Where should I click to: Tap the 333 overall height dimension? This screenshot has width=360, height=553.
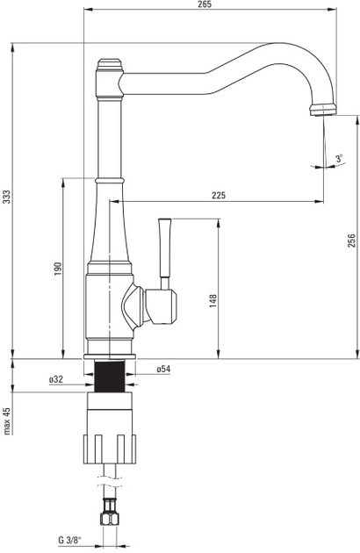pyautogui.click(x=7, y=197)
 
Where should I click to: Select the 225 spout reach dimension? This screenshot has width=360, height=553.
pyautogui.click(x=219, y=195)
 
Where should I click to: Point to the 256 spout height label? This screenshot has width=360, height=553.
pyautogui.click(x=351, y=241)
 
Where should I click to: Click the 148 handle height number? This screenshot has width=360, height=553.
pyautogui.click(x=213, y=301)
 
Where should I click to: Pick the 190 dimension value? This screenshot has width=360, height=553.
pyautogui.click(x=58, y=269)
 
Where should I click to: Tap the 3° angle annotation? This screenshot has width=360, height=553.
pyautogui.click(x=339, y=158)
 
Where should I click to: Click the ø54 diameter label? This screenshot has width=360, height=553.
pyautogui.click(x=163, y=369)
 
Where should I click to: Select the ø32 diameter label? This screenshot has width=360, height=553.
pyautogui.click(x=56, y=379)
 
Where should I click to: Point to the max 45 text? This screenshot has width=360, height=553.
pyautogui.click(x=7, y=420)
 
